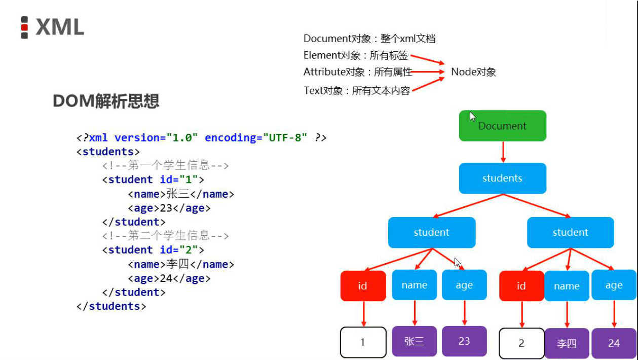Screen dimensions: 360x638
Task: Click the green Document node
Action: click(502, 126)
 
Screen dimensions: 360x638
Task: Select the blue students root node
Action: click(502, 178)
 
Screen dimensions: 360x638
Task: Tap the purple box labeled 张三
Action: click(414, 341)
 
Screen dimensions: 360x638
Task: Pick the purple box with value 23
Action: click(464, 341)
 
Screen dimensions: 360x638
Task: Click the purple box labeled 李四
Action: click(567, 343)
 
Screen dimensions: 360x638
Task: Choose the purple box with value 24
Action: click(614, 343)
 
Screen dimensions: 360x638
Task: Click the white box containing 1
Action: click(363, 342)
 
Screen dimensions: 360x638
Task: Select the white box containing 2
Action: click(521, 343)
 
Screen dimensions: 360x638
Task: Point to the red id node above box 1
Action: click(363, 286)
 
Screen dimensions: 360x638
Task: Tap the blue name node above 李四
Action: click(567, 286)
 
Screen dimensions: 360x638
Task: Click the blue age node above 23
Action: click(464, 285)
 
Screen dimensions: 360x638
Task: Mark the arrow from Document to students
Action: click(503, 152)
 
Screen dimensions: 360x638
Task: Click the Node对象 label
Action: click(473, 72)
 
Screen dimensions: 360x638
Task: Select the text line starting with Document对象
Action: click(369, 39)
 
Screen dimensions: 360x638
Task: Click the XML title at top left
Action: click(60, 27)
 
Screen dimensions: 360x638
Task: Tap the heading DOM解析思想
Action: click(106, 101)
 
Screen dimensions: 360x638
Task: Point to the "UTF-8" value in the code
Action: click(285, 138)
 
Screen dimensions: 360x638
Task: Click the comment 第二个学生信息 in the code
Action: click(166, 236)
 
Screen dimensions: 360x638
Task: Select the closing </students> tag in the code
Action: click(111, 306)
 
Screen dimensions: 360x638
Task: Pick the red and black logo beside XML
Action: click(24, 27)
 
